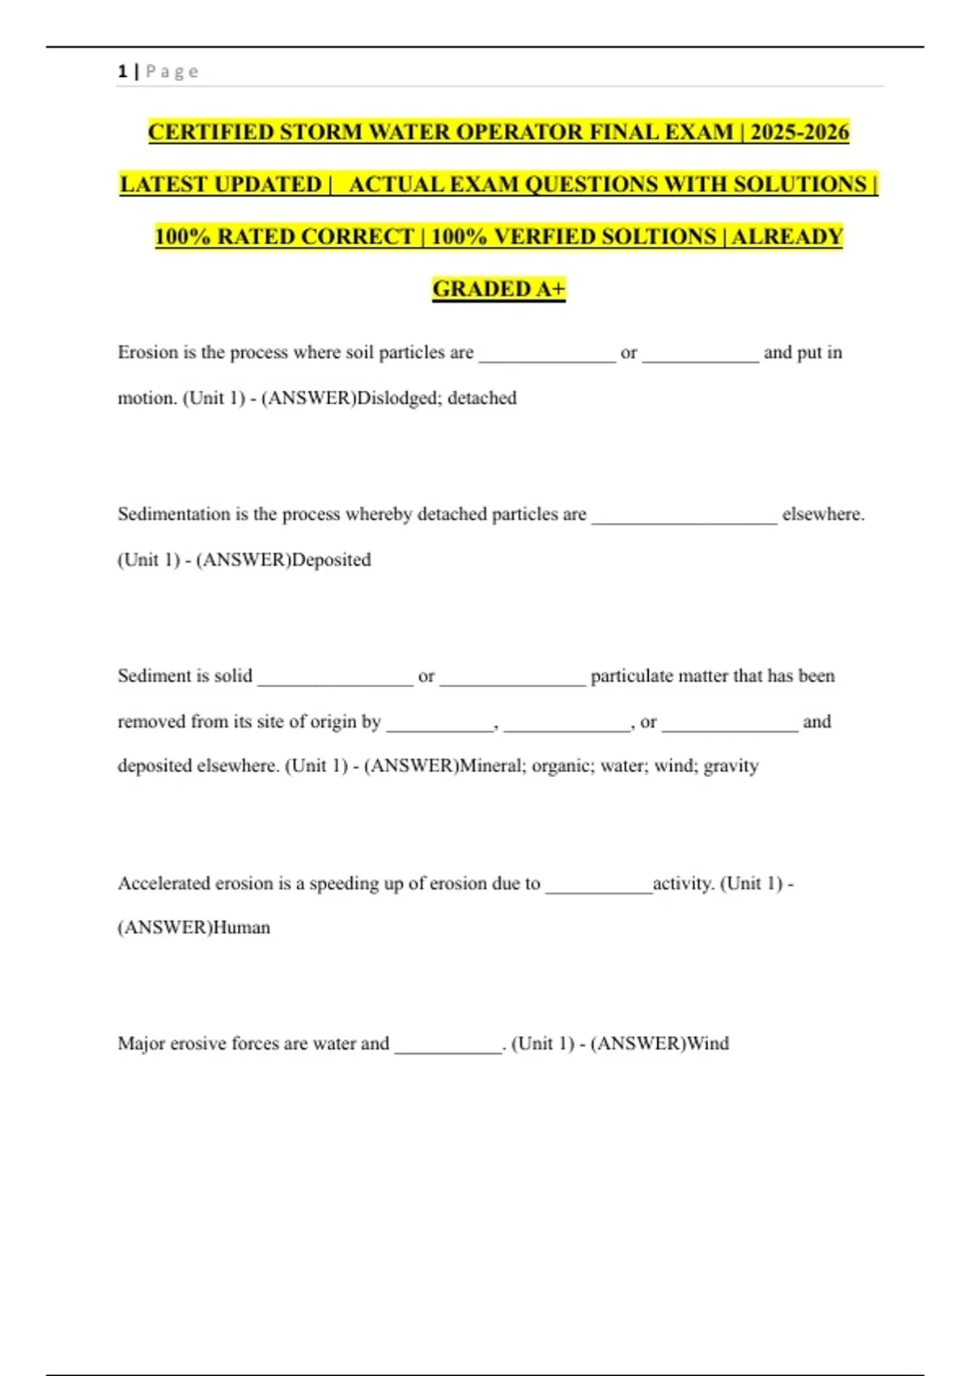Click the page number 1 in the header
pyautogui.click(x=122, y=71)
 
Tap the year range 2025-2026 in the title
pyautogui.click(x=799, y=132)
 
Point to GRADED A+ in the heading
pyautogui.click(x=498, y=289)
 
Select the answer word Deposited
pyautogui.click(x=331, y=560)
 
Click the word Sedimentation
pyautogui.click(x=174, y=514)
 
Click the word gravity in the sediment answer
pyautogui.click(x=731, y=766)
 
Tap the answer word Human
pyautogui.click(x=241, y=928)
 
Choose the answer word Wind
pyautogui.click(x=708, y=1043)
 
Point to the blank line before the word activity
pyautogui.click(x=599, y=889)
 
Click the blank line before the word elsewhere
pyautogui.click(x=684, y=520)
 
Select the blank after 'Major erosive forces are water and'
pyautogui.click(x=448, y=1049)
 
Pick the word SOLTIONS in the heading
pyautogui.click(x=664, y=236)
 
